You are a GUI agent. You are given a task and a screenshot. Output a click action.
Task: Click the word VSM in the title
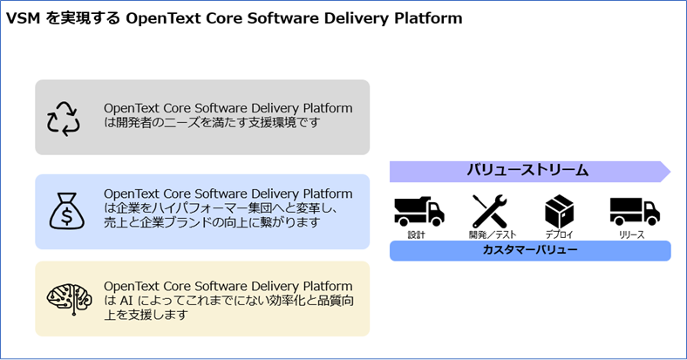tap(23, 18)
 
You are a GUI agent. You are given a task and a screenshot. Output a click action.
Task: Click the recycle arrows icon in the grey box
tap(64, 119)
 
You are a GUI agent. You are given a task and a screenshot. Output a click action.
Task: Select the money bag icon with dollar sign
tap(66, 211)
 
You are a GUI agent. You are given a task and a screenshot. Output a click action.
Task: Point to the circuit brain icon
tap(69, 299)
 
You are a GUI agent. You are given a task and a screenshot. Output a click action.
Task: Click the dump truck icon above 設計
tap(419, 212)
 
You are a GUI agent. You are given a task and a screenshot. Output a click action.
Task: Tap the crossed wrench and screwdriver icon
tap(489, 212)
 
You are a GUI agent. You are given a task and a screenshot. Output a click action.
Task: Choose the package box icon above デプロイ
tap(559, 212)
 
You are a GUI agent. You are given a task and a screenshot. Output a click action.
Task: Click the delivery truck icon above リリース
tap(635, 212)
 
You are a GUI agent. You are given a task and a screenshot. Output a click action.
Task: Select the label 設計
tap(416, 234)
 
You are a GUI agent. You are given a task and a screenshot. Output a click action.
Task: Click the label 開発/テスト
tap(493, 234)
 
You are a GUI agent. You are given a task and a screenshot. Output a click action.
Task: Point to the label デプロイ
tap(559, 234)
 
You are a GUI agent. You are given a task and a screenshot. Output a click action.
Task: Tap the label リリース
tap(631, 234)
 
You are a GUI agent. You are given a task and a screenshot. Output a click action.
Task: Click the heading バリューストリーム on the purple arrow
tap(527, 170)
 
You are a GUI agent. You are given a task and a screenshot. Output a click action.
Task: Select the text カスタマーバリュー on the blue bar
tap(530, 250)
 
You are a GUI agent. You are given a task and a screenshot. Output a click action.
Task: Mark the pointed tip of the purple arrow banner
tap(670, 172)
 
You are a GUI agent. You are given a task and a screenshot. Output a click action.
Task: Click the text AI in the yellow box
tap(126, 301)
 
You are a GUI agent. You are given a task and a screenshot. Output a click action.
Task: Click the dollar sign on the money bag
tap(66, 216)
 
